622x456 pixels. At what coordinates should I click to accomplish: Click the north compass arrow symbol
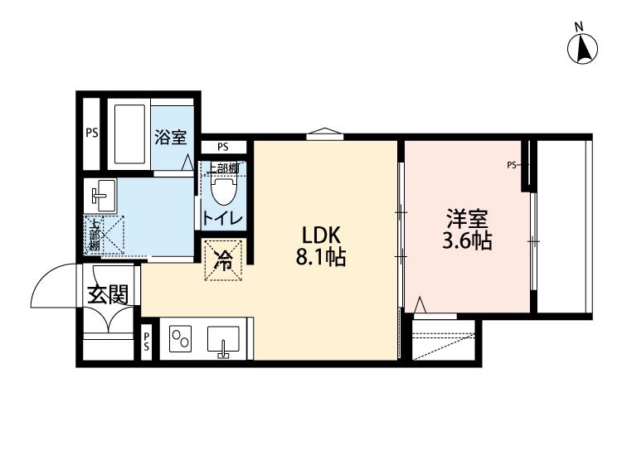pos(582,49)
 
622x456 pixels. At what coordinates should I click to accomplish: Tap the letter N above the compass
pos(580,27)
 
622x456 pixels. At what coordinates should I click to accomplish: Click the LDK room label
pos(321,235)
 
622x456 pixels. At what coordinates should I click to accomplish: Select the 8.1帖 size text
pos(321,258)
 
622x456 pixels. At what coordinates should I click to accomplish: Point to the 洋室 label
pos(467,219)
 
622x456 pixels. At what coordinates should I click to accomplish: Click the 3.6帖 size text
pos(467,240)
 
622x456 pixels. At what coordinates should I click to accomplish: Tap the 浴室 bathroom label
pos(171,137)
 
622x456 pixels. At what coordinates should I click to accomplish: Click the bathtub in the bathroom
pos(129,134)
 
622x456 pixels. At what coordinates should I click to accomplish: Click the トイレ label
pos(222,218)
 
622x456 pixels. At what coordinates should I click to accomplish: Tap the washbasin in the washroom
pos(100,195)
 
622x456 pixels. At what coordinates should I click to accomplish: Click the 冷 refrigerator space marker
pos(223,260)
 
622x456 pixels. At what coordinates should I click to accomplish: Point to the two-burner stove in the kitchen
pos(180,339)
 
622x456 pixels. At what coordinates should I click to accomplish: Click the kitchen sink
pos(223,340)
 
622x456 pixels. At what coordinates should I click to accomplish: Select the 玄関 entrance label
pos(108,294)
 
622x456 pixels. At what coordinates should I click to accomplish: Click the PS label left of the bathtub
pos(91,133)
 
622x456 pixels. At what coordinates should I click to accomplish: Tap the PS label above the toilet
pos(223,147)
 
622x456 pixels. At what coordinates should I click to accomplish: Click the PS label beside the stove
pos(146,342)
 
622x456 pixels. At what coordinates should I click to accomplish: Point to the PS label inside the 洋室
pos(512,165)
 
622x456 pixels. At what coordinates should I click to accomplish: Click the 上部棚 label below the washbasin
pos(94,235)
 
